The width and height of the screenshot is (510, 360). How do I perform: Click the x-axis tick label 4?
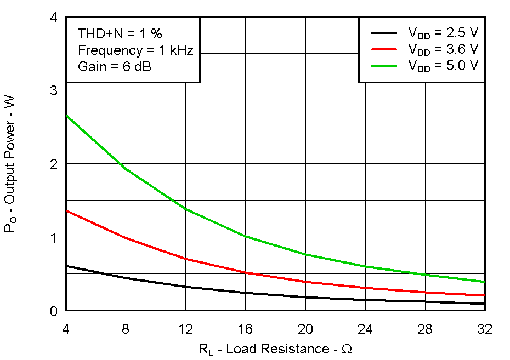click(66, 329)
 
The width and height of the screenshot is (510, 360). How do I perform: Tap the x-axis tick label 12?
click(185, 329)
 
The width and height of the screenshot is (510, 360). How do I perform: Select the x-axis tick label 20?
click(305, 329)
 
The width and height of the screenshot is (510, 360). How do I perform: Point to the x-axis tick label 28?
click(425, 329)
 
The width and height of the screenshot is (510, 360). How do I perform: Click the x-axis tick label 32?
click(485, 329)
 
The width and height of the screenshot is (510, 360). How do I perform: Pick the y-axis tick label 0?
click(54, 311)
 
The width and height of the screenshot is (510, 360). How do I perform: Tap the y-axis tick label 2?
click(54, 164)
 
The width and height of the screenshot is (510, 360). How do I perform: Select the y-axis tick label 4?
click(54, 18)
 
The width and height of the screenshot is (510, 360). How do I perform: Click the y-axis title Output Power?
click(10, 164)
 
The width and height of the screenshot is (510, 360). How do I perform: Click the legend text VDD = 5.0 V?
click(443, 66)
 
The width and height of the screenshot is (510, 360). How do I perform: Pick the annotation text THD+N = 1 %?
click(120, 34)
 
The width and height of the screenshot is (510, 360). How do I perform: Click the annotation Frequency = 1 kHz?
click(135, 50)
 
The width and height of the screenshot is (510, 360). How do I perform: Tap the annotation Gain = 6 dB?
click(114, 67)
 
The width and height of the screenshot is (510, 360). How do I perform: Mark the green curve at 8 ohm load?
click(126, 168)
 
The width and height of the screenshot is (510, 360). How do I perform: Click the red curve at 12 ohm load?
click(185, 259)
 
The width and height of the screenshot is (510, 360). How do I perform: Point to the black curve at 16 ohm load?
click(245, 293)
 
